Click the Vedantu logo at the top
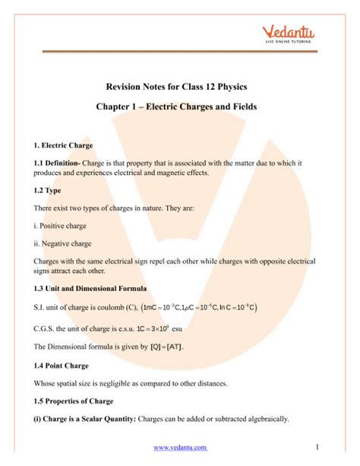pyautogui.click(x=305, y=34)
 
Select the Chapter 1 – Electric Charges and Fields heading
pyautogui.click(x=180, y=108)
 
